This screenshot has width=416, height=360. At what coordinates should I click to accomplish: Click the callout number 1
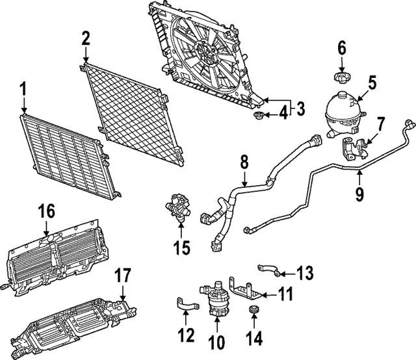tap(23, 87)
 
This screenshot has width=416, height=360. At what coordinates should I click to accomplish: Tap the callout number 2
tap(85, 38)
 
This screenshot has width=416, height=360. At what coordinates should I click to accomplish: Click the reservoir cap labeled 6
tap(340, 78)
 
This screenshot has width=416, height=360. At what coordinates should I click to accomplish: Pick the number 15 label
tap(183, 248)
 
